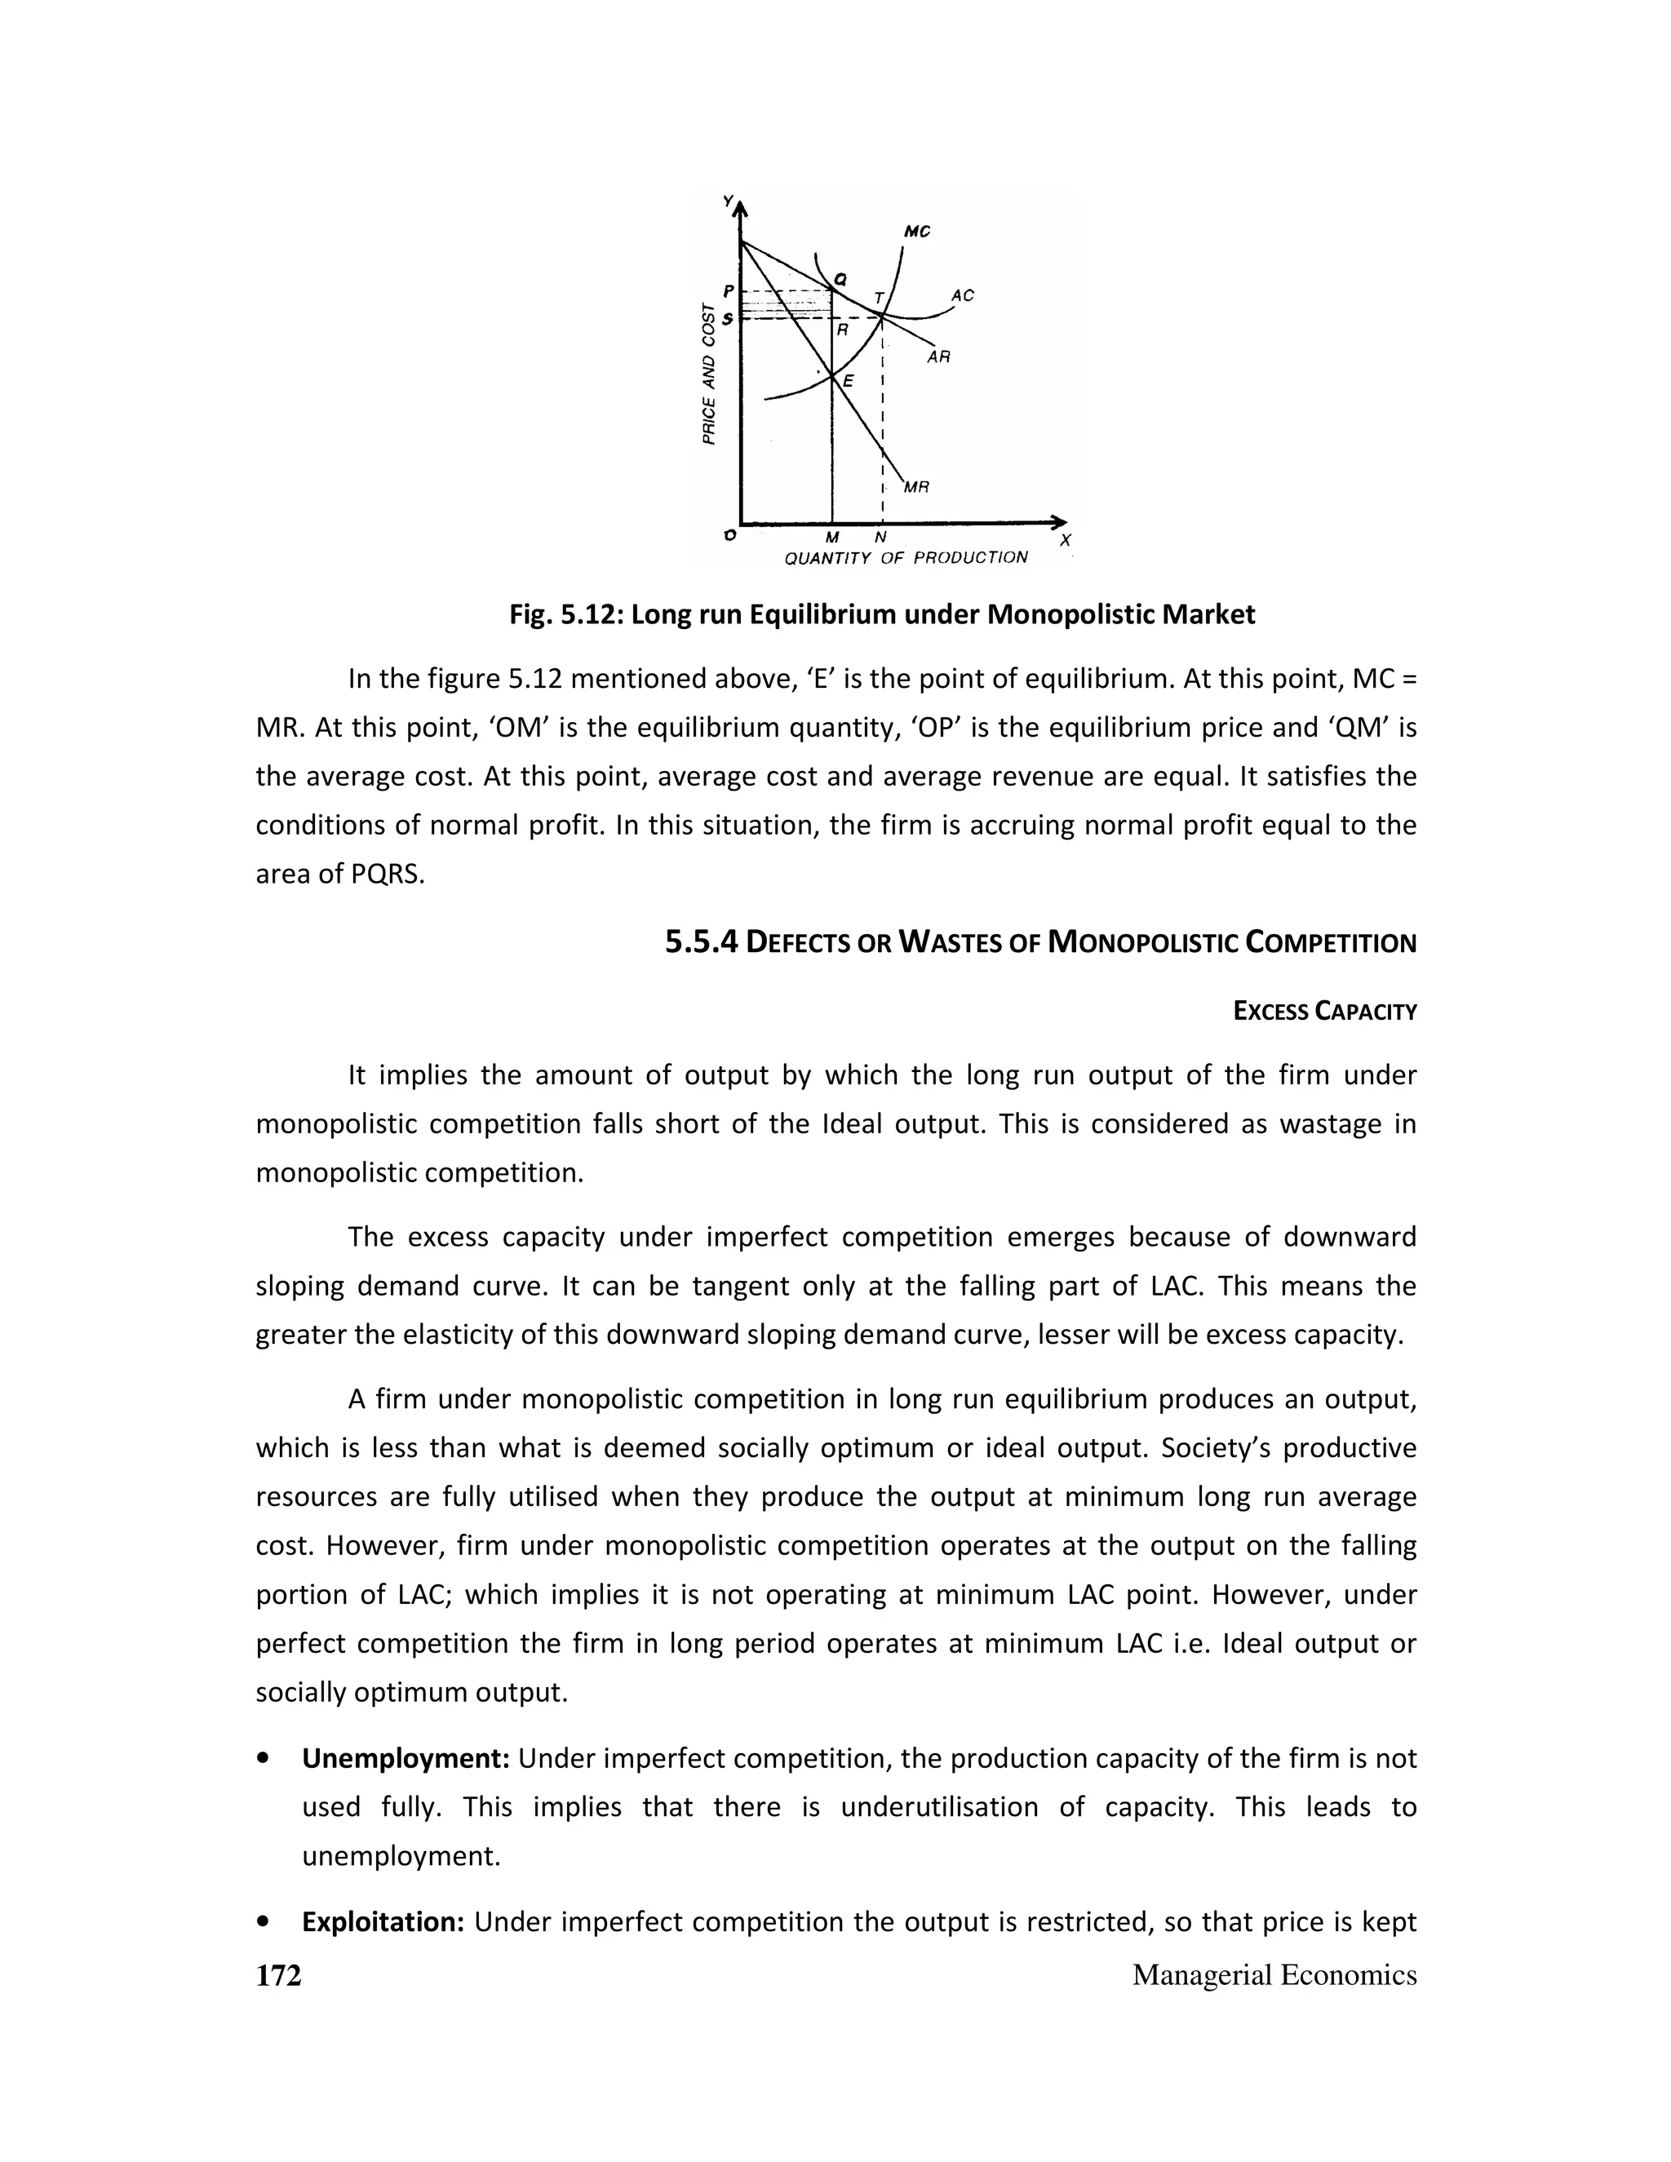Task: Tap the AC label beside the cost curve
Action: pyautogui.click(x=962, y=295)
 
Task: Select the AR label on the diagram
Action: pyautogui.click(x=938, y=357)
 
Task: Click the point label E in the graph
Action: pyautogui.click(x=848, y=381)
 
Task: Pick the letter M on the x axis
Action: pyautogui.click(x=831, y=538)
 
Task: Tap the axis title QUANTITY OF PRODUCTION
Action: pyautogui.click(x=906, y=558)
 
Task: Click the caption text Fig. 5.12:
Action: pyautogui.click(x=565, y=615)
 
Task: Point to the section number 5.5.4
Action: pyautogui.click(x=701, y=941)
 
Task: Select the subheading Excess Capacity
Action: pyautogui.click(x=1324, y=1012)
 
